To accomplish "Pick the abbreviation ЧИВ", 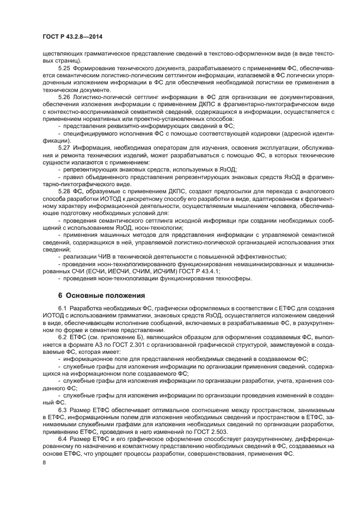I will pos(100,256).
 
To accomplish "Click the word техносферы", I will pos(233,278).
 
